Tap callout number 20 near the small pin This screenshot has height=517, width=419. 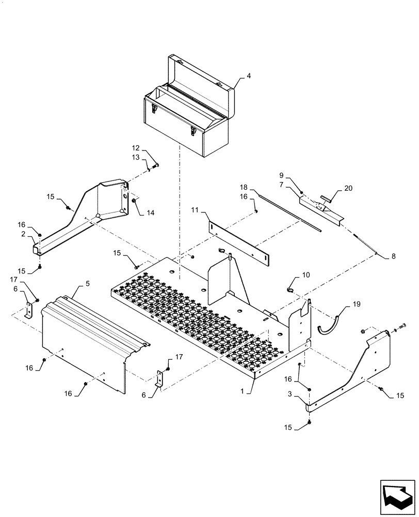(x=349, y=189)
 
